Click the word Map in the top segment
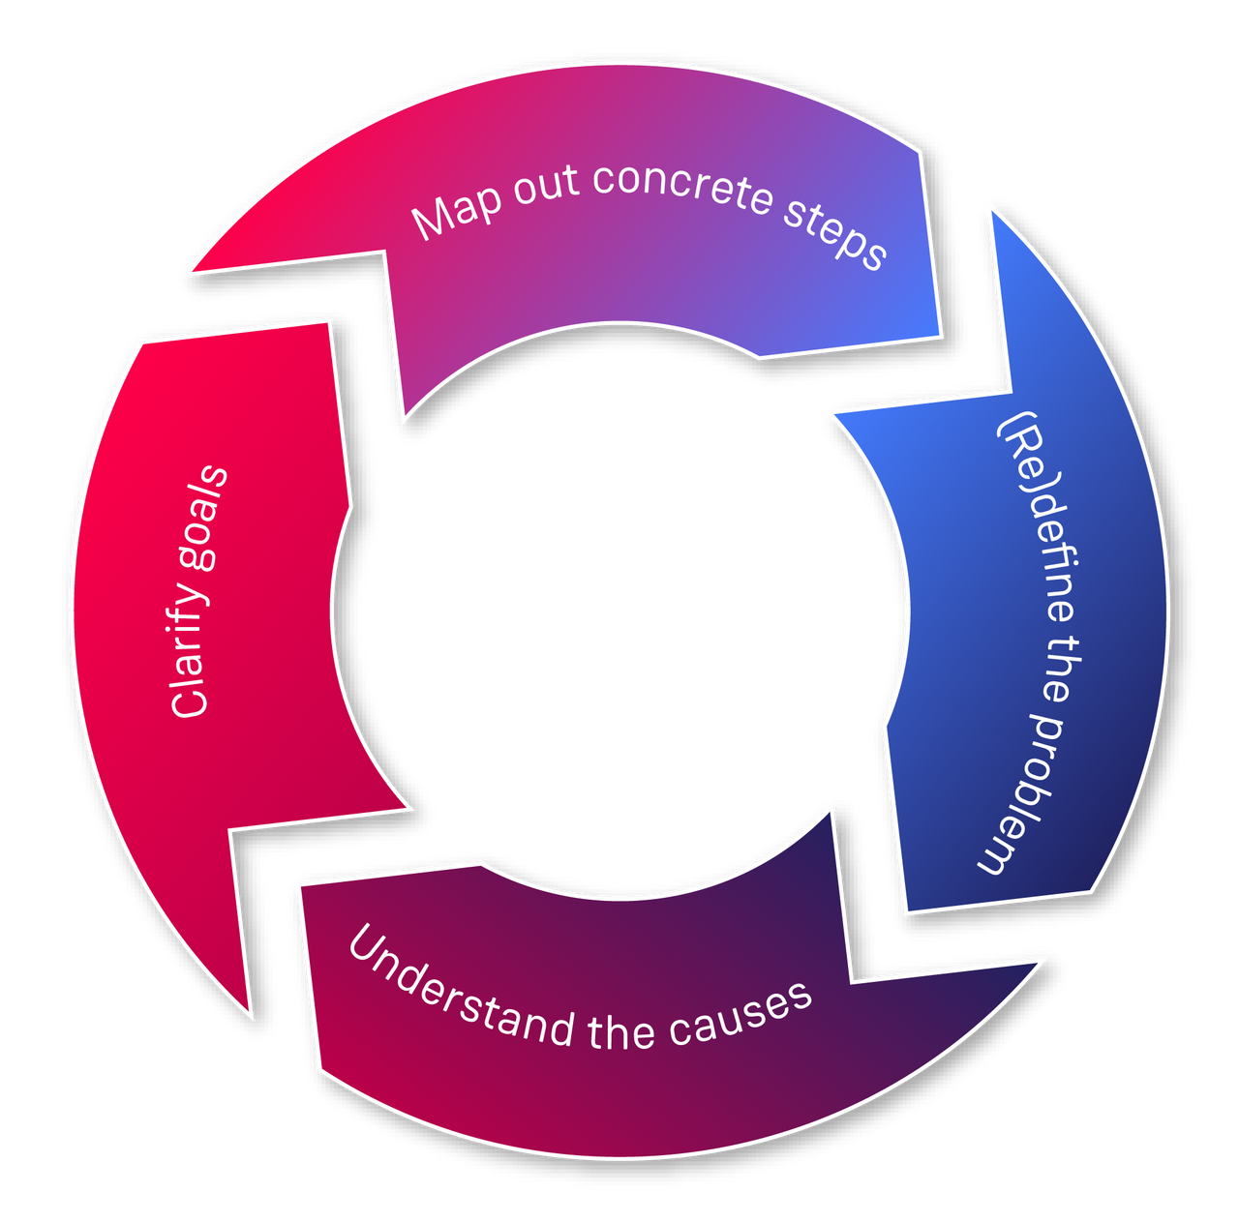pyautogui.click(x=455, y=214)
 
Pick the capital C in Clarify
pyautogui.click(x=190, y=700)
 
